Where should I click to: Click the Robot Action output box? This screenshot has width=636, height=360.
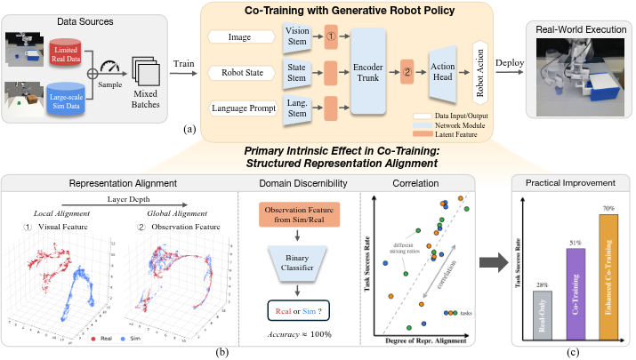(x=480, y=71)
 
